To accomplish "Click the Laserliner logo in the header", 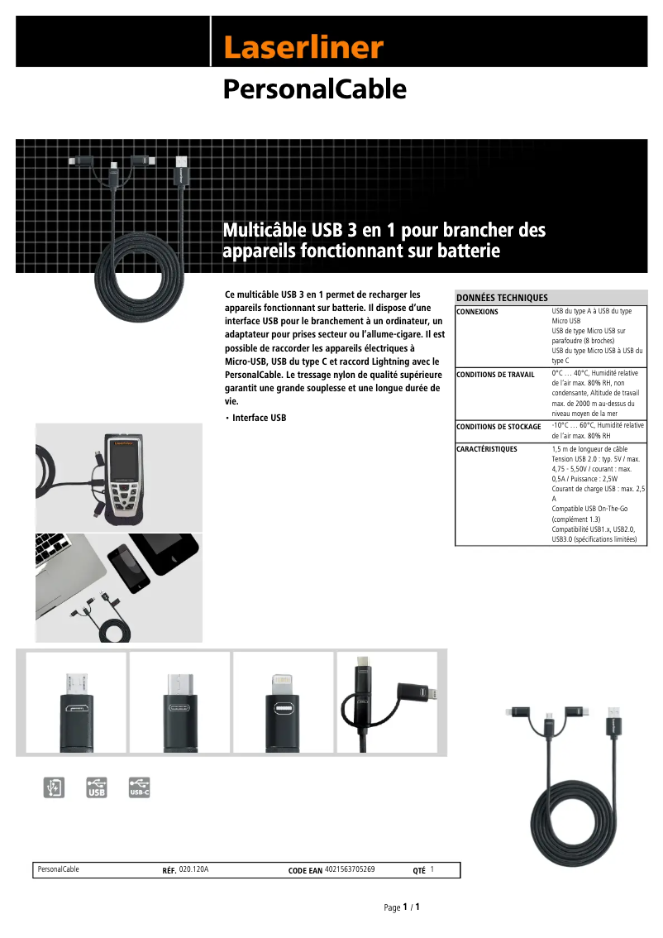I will pyautogui.click(x=303, y=47).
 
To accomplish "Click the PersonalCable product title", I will pyautogui.click(x=314, y=89).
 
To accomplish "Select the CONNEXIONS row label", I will pyautogui.click(x=477, y=312).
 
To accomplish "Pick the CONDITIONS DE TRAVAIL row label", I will pyautogui.click(x=495, y=375).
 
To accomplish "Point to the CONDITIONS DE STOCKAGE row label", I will pyautogui.click(x=498, y=427).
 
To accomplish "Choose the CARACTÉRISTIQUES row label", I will pyautogui.click(x=487, y=449).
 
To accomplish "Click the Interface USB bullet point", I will pyautogui.click(x=259, y=418).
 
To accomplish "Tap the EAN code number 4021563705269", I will pyautogui.click(x=350, y=869).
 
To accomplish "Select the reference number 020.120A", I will pyautogui.click(x=193, y=869).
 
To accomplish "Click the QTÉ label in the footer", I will pyautogui.click(x=418, y=870).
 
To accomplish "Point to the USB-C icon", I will pyautogui.click(x=140, y=787).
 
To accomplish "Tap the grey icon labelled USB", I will pyautogui.click(x=97, y=787).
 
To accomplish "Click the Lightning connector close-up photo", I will pyautogui.click(x=283, y=702).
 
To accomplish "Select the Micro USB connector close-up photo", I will pyautogui.click(x=76, y=702).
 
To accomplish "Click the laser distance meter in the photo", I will pyautogui.click(x=124, y=476).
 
